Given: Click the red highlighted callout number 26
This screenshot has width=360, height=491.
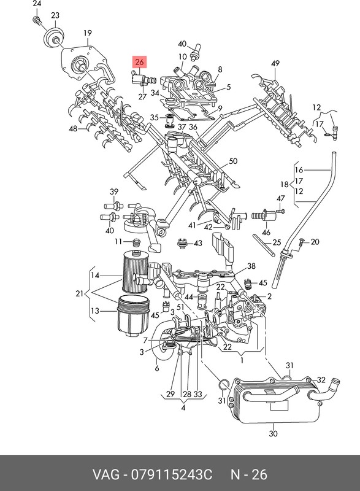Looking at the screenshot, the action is coord(139,62).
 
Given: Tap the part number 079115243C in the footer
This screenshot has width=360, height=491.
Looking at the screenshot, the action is coord(172,474).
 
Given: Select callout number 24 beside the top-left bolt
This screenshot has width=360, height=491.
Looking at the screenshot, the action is coord(37,4).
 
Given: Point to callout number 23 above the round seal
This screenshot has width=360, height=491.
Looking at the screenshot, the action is coord(55,15).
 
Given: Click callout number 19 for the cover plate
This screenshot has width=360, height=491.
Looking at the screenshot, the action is coord(88,33).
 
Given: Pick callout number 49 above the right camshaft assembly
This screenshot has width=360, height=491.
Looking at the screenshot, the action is coord(275,64).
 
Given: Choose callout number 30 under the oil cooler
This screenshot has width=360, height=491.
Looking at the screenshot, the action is coord(274,434).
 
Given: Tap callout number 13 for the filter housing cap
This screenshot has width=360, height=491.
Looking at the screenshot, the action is coord(95,311).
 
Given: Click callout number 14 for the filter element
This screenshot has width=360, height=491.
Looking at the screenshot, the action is coord(95,276).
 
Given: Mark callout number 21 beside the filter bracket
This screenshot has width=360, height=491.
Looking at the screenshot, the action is coord(80,293).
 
